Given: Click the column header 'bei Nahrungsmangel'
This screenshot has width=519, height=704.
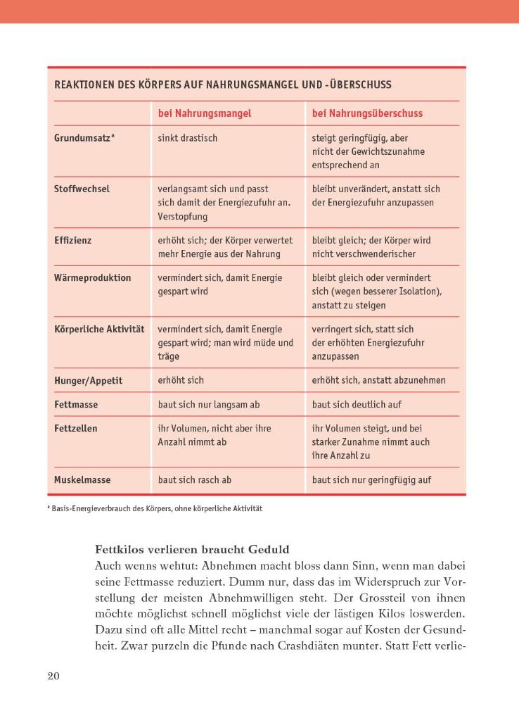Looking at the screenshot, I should coord(204,113).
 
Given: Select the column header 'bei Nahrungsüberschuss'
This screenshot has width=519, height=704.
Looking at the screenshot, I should coord(367,113).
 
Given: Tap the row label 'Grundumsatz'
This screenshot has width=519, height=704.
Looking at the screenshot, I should coord(83,138).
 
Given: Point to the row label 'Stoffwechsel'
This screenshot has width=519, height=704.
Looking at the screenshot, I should coord(82,189).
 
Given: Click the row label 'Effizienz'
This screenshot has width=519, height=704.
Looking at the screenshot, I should coord(73,240).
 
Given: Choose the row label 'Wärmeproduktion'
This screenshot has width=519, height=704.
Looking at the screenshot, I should coord(92,277).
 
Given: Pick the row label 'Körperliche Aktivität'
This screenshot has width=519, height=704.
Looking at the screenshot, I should coord(99,329).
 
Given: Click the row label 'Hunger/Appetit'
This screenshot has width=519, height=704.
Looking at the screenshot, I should coord(88,380).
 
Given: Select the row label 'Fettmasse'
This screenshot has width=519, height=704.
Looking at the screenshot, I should coord(76,405).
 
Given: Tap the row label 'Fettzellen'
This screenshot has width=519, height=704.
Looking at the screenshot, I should coord(76,428).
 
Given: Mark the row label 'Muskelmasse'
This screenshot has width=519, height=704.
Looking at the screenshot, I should coord(82,480).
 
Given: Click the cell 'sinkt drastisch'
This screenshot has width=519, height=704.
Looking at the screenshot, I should coord(188,138).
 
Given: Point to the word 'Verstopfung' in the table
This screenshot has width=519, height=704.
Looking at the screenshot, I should coord(183,216).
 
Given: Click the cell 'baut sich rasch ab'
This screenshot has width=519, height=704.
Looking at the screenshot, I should coord(195,480).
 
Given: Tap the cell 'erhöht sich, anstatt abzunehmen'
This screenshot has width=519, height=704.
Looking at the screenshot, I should coord(379,380).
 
